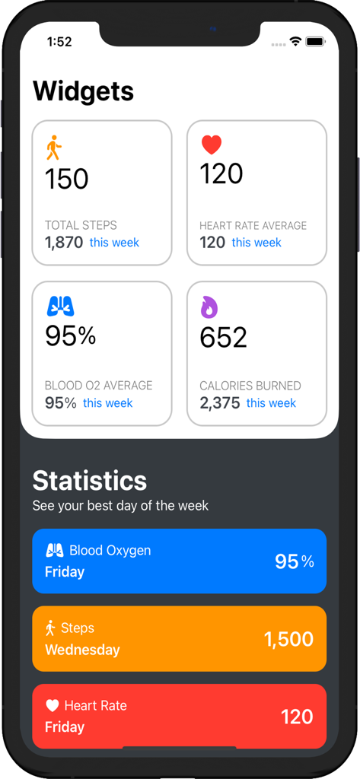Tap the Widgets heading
click(83, 91)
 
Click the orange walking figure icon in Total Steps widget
click(53, 148)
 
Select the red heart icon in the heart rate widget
click(211, 144)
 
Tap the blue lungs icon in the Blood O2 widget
click(60, 306)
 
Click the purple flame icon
click(209, 307)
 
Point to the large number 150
click(67, 180)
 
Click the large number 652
click(223, 338)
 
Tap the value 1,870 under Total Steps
click(64, 243)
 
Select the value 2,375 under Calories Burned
click(219, 403)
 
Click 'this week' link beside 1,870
click(114, 243)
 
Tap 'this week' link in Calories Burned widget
click(271, 403)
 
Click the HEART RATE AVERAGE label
click(253, 226)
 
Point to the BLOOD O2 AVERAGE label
click(98, 386)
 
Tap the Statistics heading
click(90, 481)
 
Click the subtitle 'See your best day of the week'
click(120, 506)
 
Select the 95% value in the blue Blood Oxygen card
click(294, 561)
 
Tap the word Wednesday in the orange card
click(82, 650)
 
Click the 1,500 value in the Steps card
click(288, 640)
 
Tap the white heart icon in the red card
click(52, 706)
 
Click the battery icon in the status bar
click(315, 41)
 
